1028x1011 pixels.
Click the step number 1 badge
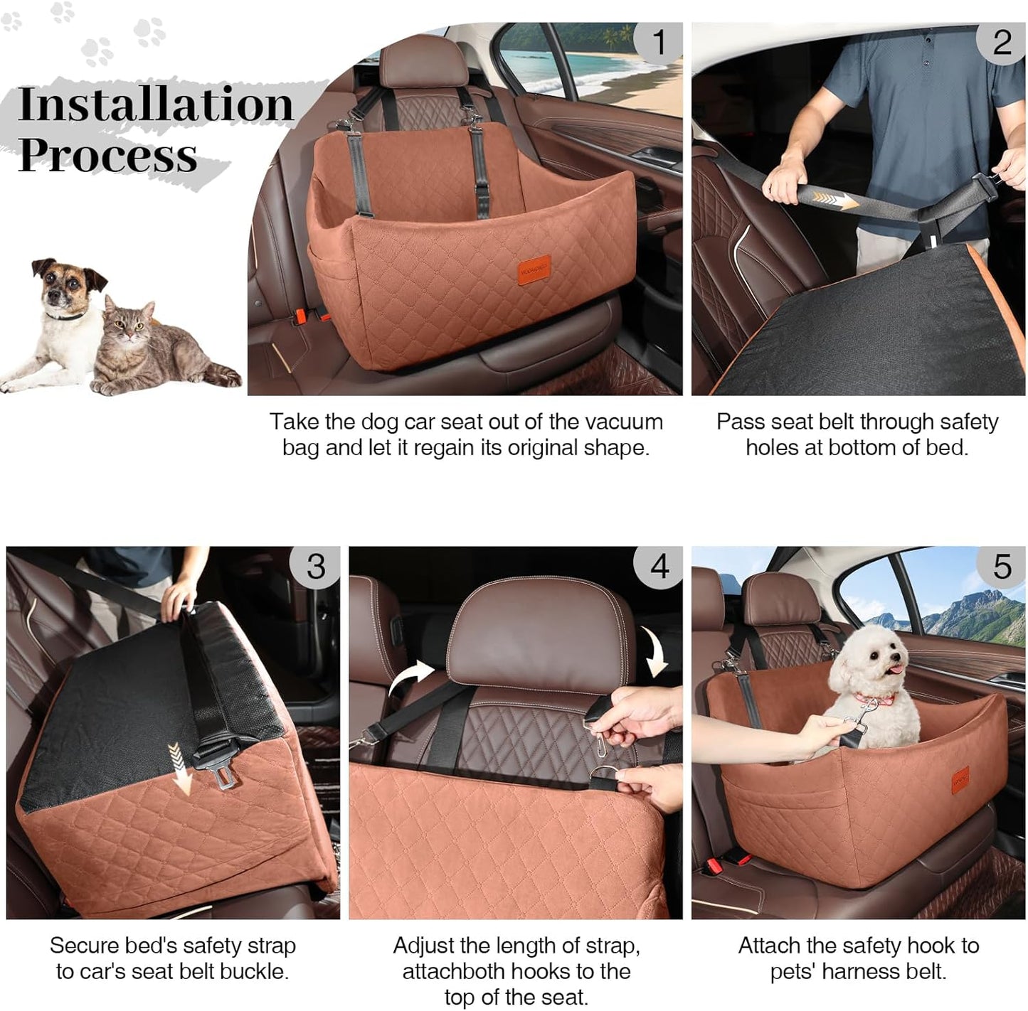pyautogui.click(x=659, y=42)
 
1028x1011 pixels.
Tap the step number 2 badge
pyautogui.click(x=1002, y=42)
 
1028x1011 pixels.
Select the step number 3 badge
pyautogui.click(x=315, y=566)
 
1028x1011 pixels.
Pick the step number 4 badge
pyautogui.click(x=659, y=566)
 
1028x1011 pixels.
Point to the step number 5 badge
pyautogui.click(x=1002, y=566)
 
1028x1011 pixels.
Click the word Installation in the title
pyautogui.click(x=155, y=105)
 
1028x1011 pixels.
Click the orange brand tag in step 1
pyautogui.click(x=534, y=270)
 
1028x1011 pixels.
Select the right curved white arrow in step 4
pyautogui.click(x=655, y=651)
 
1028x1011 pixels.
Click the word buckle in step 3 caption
pyautogui.click(x=253, y=971)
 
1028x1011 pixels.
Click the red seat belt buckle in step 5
pyautogui.click(x=720, y=865)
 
